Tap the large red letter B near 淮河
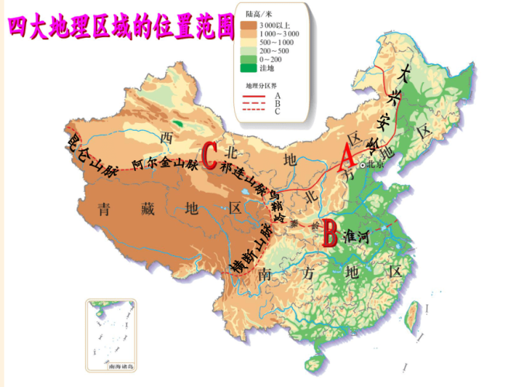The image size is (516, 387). (329, 230)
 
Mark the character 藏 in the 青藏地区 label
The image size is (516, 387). (150, 208)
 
